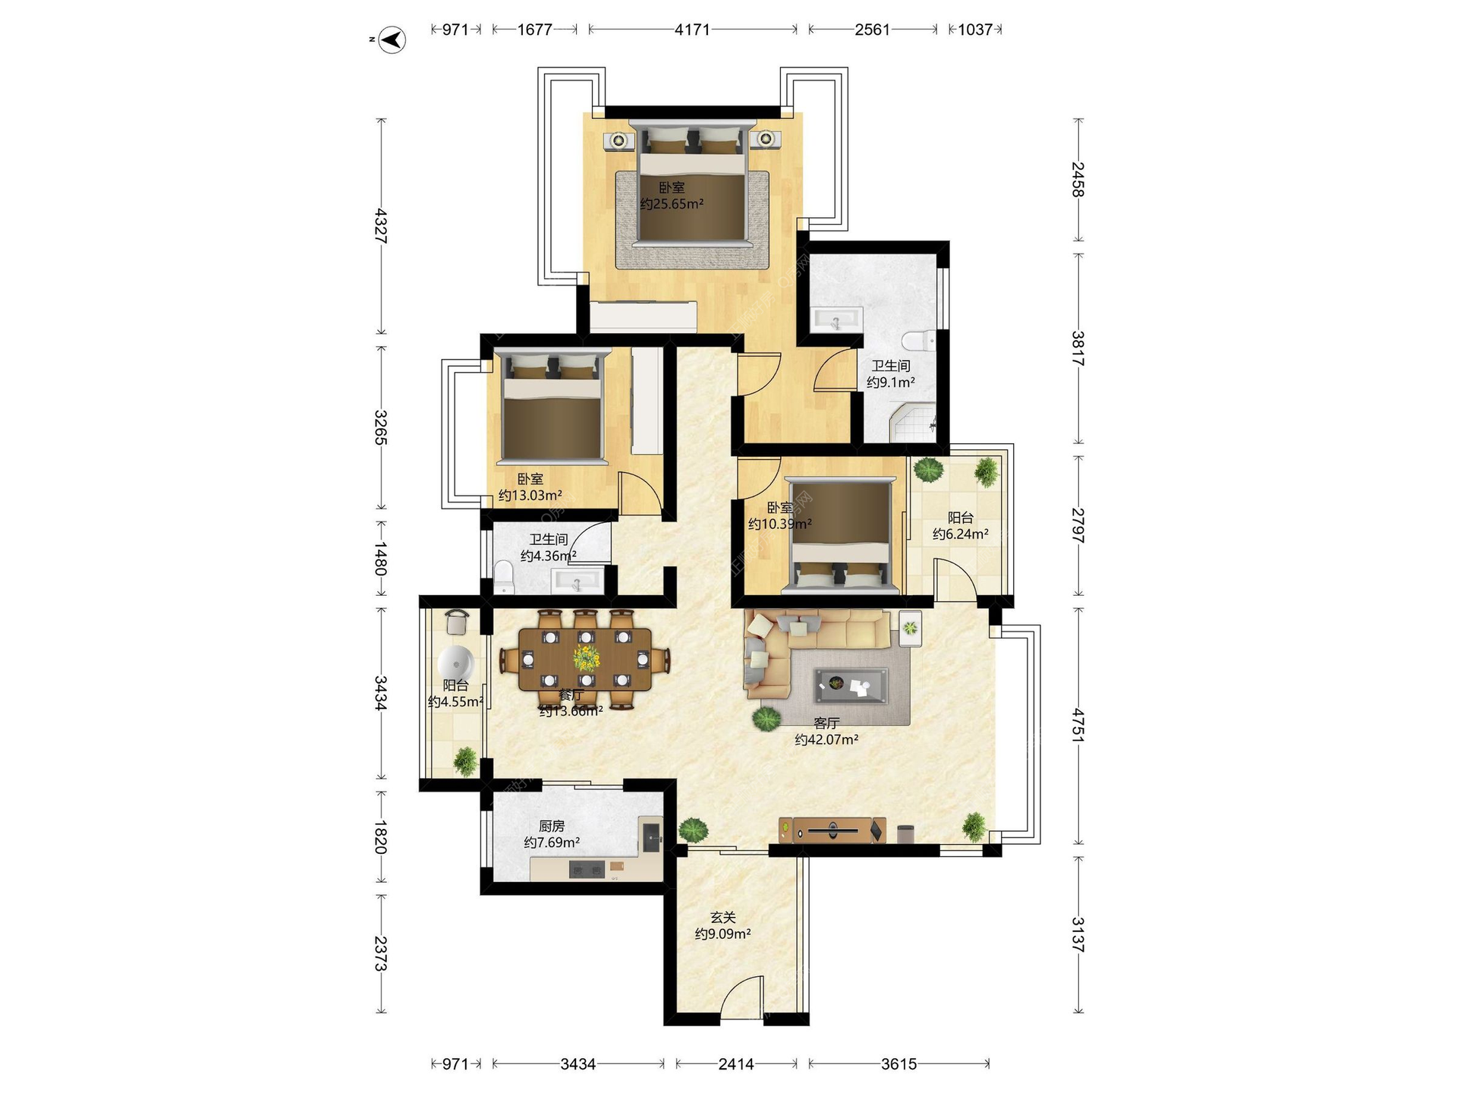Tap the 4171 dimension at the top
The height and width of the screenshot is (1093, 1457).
click(x=692, y=30)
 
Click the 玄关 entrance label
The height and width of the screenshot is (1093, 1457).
click(x=723, y=918)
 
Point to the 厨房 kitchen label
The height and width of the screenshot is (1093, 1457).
click(x=552, y=826)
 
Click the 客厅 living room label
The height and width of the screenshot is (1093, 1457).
click(x=826, y=723)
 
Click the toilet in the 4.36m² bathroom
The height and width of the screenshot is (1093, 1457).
click(x=504, y=577)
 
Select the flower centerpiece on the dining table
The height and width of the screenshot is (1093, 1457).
click(x=586, y=657)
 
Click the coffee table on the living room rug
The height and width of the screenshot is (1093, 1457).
click(x=851, y=685)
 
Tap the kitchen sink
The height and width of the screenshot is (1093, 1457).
click(x=652, y=838)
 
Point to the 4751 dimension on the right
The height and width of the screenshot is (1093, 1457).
click(x=1078, y=725)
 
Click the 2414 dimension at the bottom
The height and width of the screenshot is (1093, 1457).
click(x=736, y=1064)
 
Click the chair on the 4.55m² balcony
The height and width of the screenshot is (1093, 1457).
click(x=456, y=622)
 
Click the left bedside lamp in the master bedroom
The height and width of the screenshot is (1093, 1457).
click(x=619, y=140)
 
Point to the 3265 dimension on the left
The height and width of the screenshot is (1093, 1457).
click(x=381, y=428)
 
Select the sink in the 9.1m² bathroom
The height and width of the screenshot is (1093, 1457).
click(x=836, y=320)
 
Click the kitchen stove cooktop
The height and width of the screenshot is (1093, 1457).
click(x=587, y=870)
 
